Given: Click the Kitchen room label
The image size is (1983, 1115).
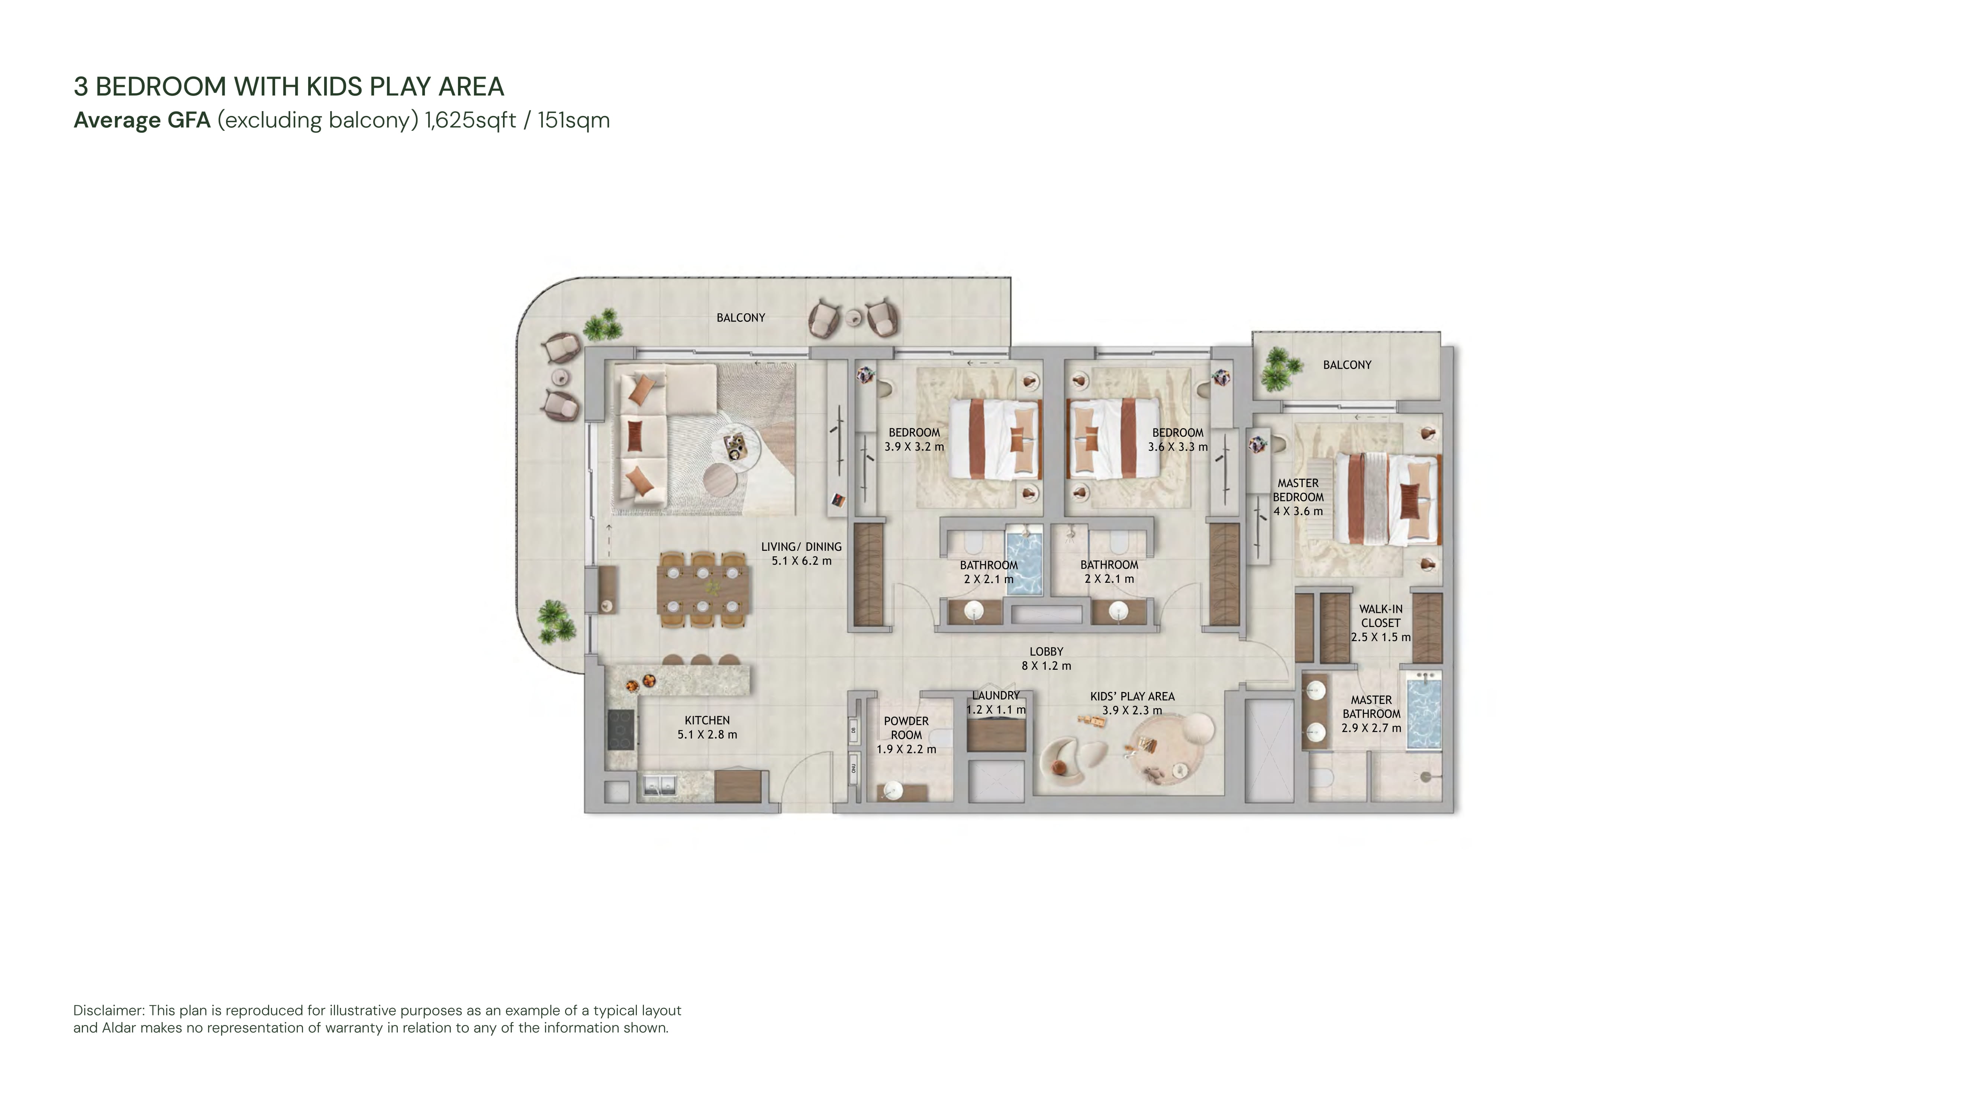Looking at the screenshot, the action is pos(707,720).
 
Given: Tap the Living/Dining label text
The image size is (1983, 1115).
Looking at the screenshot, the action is pos(802,547).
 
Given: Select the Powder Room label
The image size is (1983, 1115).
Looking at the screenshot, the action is pos(906,728).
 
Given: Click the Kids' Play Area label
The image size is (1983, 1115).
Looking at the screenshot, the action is pos(1132,697).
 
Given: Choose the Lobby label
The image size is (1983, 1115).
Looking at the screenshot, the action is pos(1046,652).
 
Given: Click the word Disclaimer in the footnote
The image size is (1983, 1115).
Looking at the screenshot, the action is pos(109,1010).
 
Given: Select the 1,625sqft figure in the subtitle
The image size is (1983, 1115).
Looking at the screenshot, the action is pos(470,121).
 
